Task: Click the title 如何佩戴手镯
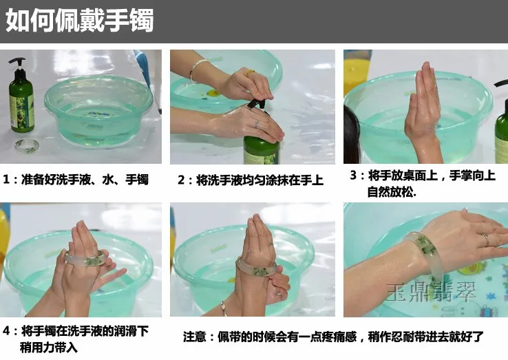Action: (80, 21)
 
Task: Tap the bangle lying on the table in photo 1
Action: (27, 145)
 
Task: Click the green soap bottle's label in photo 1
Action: (21, 111)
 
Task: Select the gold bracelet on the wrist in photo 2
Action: (196, 69)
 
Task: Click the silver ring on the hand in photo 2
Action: (257, 123)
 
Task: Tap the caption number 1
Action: (6, 180)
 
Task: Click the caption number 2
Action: (181, 180)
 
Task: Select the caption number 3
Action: (353, 176)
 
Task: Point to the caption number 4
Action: (6, 331)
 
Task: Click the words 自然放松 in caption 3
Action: (390, 192)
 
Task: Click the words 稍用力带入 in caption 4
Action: (49, 348)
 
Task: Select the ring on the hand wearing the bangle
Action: (485, 239)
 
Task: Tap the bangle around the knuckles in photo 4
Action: (85, 259)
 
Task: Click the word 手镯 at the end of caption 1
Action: (137, 180)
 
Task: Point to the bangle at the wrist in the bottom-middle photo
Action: (257, 266)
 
